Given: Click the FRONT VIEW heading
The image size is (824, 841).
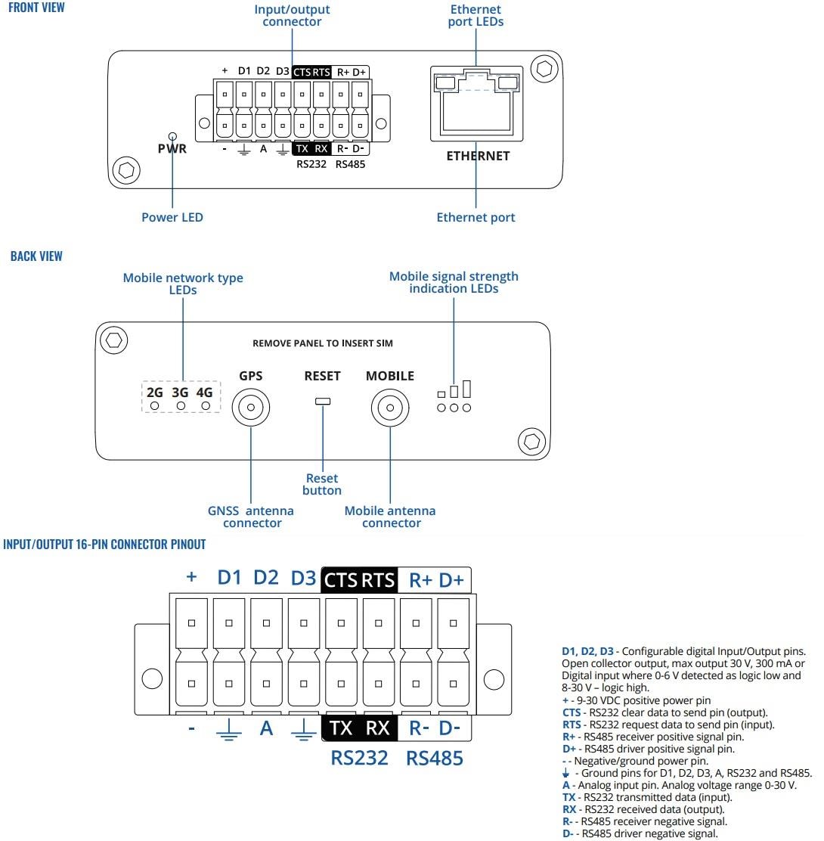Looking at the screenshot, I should tap(36, 8).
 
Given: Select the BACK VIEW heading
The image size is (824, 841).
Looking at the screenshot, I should tap(36, 256).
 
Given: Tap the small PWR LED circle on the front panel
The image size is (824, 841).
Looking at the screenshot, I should tap(172, 132).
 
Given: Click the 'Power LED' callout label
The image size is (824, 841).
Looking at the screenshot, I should tap(172, 217).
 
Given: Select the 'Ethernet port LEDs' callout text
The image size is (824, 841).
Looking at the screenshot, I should tap(476, 16).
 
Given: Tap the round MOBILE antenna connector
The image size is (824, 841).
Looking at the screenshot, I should tap(389, 408).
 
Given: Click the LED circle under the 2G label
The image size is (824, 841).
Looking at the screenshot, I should tap(155, 407).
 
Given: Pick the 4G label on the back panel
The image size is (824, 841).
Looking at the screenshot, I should tap(204, 393).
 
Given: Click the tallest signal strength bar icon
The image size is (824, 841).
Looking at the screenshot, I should tap(466, 389).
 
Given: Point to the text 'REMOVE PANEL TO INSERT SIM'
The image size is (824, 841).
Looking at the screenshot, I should tap(323, 343).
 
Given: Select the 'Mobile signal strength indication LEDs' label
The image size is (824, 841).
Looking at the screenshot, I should tap(454, 282).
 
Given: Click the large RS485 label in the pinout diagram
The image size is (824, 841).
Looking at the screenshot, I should tap(434, 758).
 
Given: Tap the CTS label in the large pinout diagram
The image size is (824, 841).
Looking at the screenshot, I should tap(340, 580).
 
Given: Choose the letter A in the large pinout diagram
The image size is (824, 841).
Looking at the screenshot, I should tap(266, 729).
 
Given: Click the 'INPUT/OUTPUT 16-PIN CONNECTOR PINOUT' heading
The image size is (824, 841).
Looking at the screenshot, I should tap(104, 545).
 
